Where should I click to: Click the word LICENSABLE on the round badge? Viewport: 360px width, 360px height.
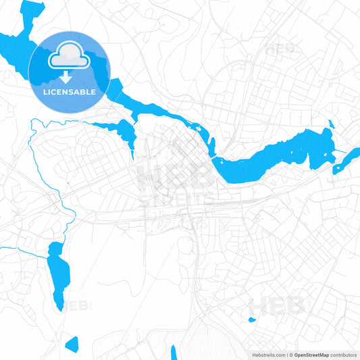coord(70,91)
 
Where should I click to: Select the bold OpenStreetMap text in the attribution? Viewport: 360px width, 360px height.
coord(310,354)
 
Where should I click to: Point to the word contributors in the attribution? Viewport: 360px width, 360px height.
coord(343,354)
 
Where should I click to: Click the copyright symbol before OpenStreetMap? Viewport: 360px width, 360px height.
coord(289,354)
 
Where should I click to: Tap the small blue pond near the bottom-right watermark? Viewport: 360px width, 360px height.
coord(252,319)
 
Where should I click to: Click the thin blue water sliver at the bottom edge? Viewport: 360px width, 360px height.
coord(174,353)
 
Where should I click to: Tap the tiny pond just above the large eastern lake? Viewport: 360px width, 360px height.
coord(330,124)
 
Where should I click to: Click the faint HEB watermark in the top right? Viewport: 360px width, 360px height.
coord(280,49)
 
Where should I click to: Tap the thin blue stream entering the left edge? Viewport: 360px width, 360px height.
coord(14,249)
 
